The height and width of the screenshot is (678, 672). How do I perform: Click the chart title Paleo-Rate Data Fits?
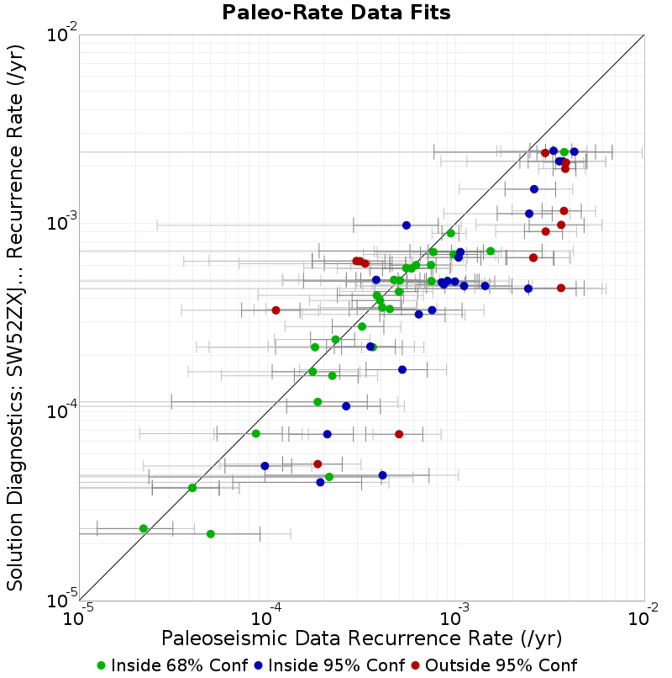pos(336,12)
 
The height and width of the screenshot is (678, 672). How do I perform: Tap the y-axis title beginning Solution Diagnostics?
pos(15,317)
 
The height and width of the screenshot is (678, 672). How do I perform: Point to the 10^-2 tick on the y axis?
pos(62,34)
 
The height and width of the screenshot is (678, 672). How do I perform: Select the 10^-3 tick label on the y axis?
pos(62,223)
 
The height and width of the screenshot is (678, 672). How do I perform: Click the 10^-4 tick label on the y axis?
pos(62,411)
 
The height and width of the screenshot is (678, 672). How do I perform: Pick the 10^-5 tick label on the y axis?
pos(62,601)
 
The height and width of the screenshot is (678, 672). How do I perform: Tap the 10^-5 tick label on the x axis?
pos(78,618)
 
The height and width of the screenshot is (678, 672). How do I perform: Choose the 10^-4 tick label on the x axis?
pos(266,618)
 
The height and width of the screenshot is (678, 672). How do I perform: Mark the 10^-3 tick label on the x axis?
pos(455,618)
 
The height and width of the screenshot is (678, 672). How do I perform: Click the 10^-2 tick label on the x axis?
pos(643,618)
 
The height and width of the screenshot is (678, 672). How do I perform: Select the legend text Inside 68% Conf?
pos(179,665)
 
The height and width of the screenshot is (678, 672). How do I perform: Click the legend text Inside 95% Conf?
pos(337,665)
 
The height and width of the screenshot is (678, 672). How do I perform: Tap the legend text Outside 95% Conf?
pos(501,665)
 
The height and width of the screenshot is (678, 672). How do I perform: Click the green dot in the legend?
pos(102,666)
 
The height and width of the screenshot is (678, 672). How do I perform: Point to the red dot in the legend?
pos(416,666)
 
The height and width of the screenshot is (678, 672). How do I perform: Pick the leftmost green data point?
pos(144,528)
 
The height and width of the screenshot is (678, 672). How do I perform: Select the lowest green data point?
pos(211,534)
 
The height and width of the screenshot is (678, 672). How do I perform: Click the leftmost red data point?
pos(276,310)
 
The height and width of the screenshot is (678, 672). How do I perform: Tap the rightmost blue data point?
pos(575,151)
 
